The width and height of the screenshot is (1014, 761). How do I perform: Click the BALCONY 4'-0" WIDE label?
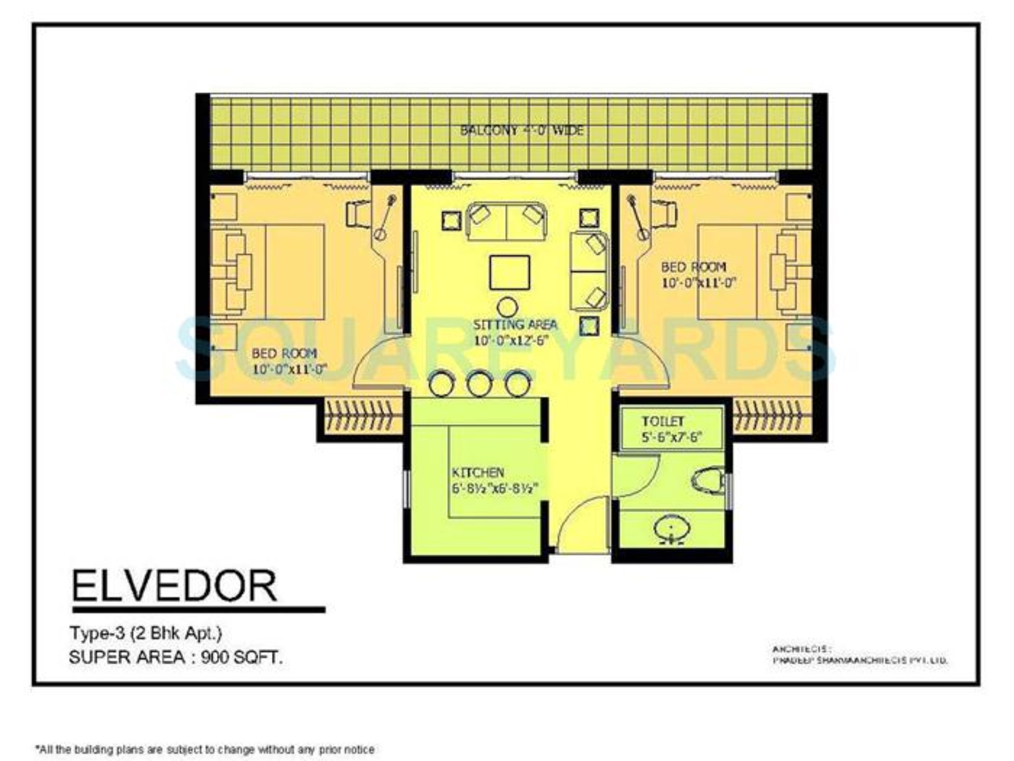pos(521,131)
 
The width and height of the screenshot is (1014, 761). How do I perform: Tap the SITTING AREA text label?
pos(515,325)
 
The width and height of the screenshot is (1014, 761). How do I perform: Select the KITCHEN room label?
pos(478,472)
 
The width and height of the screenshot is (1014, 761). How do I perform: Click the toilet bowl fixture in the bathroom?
pos(708,480)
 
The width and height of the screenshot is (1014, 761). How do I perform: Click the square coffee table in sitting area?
pos(509,273)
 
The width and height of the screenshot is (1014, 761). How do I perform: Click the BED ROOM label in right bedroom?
pos(693,267)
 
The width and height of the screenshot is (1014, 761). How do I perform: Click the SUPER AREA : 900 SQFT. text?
pos(175,658)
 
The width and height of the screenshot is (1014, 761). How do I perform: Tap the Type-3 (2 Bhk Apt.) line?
pos(146,633)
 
